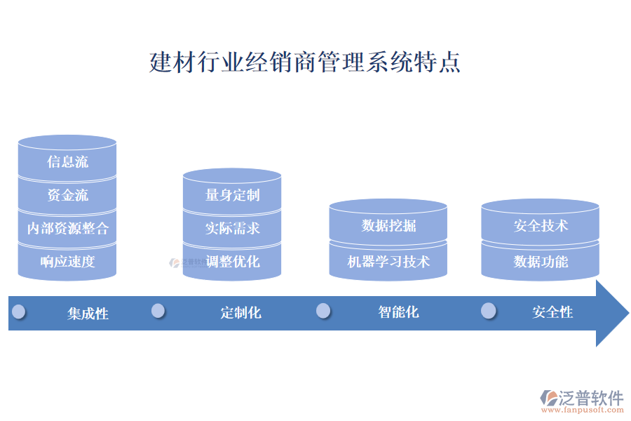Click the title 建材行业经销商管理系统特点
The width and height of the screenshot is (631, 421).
(305, 62)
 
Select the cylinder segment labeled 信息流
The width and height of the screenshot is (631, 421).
(67, 162)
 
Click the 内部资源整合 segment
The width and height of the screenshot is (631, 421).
(67, 229)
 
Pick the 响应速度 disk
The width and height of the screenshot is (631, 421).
(67, 262)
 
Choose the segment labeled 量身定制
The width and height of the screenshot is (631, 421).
(232, 195)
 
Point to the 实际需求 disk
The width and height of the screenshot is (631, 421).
(232, 228)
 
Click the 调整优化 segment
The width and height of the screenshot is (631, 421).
(232, 262)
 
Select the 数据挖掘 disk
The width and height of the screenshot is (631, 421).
(388, 225)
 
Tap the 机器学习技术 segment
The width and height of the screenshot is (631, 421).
(388, 262)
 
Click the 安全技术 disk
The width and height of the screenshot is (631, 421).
(541, 225)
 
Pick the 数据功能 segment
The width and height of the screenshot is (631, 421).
(541, 262)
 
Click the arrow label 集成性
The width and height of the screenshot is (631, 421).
(88, 314)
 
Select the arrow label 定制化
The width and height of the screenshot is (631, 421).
(240, 313)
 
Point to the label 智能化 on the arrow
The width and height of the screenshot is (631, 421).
(398, 312)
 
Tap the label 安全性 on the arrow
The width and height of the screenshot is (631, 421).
(552, 312)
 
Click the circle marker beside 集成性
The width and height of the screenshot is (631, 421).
(19, 311)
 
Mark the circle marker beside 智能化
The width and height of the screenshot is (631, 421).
(323, 311)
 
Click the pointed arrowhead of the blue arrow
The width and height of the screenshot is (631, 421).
(611, 313)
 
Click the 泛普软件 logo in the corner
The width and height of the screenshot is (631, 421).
(583, 400)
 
